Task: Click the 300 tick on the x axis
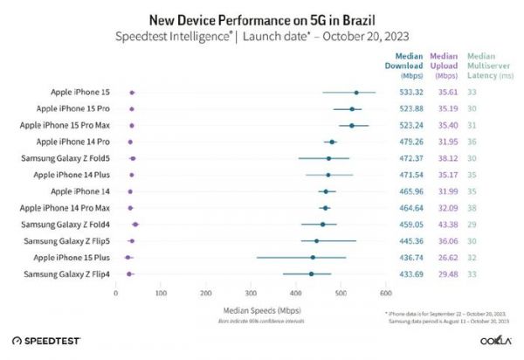(x=250, y=293)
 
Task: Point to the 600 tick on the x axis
(x=384, y=293)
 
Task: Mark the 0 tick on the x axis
(x=116, y=293)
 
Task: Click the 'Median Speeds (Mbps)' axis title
(x=250, y=309)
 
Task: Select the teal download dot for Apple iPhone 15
(x=355, y=92)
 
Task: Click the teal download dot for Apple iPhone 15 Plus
(x=313, y=258)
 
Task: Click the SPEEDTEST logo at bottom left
(x=45, y=340)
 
